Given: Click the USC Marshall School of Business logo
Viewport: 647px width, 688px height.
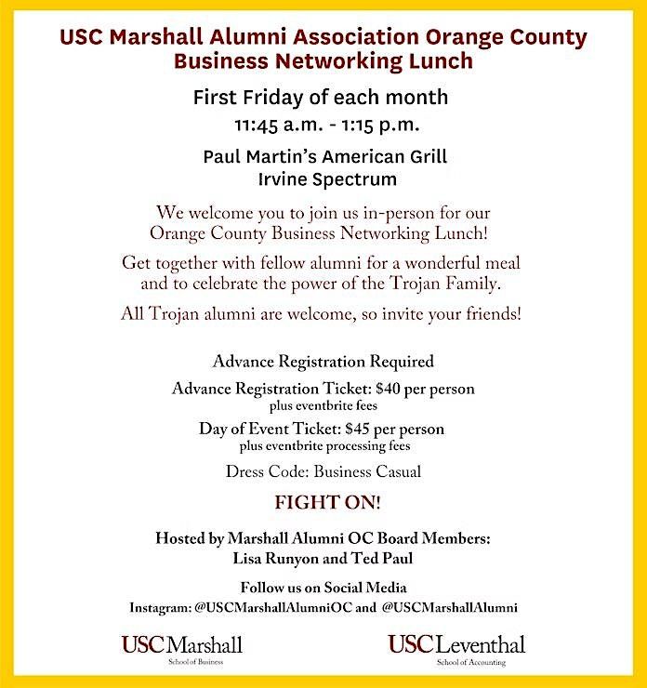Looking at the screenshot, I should pyautogui.click(x=180, y=649).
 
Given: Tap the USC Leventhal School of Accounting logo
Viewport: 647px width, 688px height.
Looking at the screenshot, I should pyautogui.click(x=456, y=649).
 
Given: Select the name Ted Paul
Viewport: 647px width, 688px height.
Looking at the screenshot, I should pyautogui.click(x=381, y=560).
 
